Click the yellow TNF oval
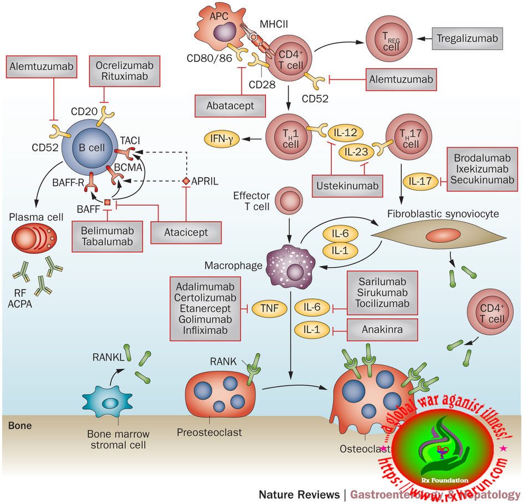coord(266,308)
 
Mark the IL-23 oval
coord(356,152)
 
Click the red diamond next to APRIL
coord(186,181)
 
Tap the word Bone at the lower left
coord(19,426)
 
